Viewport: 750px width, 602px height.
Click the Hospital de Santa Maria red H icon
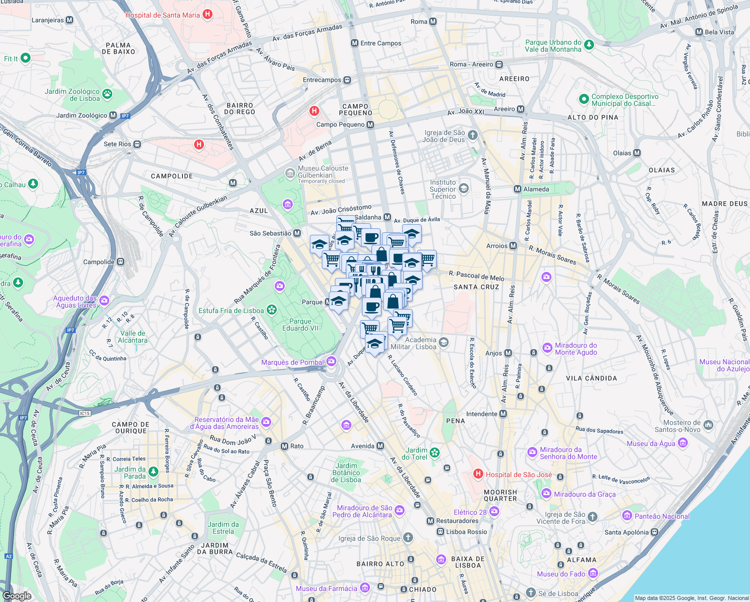pos(208,15)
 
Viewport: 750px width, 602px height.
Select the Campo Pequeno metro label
pos(340,124)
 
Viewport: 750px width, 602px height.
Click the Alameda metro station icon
pos(517,189)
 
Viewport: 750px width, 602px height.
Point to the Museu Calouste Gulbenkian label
pos(323,172)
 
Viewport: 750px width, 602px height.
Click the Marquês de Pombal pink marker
pos(331,362)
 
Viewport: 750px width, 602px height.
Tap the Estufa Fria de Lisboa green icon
pos(272,310)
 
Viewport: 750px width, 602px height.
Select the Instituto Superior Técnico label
pos(443,189)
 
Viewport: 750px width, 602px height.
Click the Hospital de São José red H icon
pos(478,474)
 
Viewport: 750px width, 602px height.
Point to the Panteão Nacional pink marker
pos(627,516)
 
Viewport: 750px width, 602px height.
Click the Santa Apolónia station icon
pos(654,532)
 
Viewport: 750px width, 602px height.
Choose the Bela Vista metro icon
pos(699,32)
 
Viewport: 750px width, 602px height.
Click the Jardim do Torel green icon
pos(435,453)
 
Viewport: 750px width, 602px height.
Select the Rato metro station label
pos(297,446)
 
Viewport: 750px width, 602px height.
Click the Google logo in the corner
pos(17,595)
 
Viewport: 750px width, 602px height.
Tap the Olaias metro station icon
pos(637,153)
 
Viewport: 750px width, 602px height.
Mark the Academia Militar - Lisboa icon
pos(443,343)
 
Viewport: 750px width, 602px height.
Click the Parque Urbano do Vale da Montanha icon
pos(589,45)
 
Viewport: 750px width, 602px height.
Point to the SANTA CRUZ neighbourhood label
pos(476,287)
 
